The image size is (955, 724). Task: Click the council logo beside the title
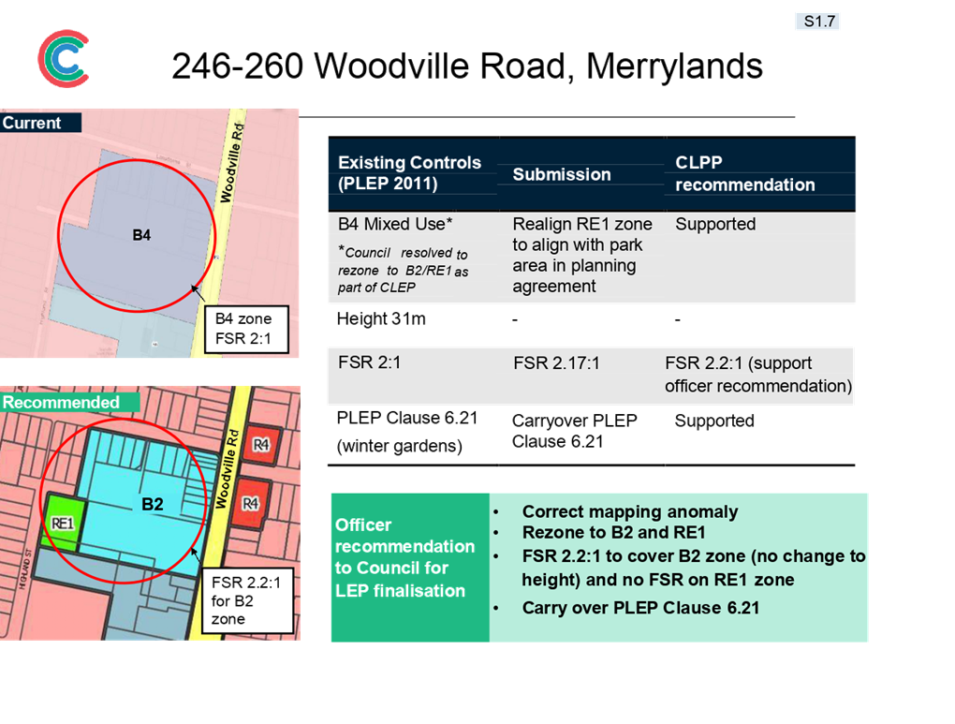tap(64, 58)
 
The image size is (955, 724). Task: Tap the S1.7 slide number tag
tap(818, 22)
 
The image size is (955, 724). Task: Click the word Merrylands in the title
tap(674, 66)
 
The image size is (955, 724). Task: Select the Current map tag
tap(40, 123)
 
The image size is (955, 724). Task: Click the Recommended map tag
tap(69, 402)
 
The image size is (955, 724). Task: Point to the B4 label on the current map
tap(141, 235)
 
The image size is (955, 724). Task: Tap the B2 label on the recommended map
tap(153, 504)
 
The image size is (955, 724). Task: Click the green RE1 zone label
tap(62, 524)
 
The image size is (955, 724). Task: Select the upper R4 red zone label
tap(261, 445)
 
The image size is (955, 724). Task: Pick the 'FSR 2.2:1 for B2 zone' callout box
tap(248, 601)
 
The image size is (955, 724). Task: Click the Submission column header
tap(562, 174)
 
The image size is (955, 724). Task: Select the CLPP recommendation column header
tap(745, 173)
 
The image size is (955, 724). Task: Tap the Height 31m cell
tap(381, 318)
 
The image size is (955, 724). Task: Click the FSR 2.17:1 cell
tap(557, 363)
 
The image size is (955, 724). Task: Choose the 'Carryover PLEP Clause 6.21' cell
tap(574, 431)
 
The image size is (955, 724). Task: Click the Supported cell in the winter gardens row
tap(714, 421)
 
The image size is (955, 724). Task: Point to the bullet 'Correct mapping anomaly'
tap(630, 511)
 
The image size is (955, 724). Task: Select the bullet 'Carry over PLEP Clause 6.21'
tap(640, 608)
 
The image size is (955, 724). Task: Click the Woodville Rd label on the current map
tap(232, 163)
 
